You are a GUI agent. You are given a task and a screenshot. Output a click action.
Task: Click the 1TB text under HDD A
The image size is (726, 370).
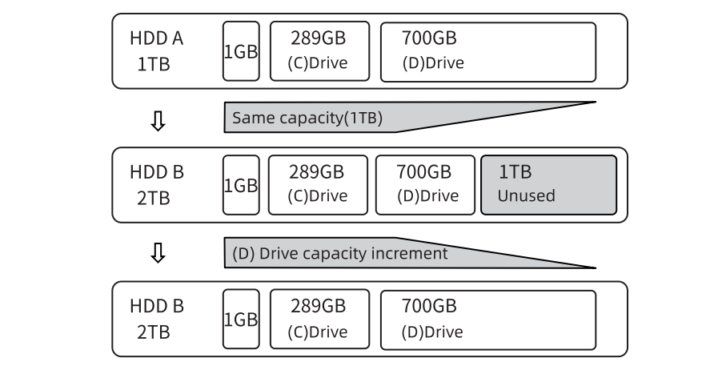click(153, 64)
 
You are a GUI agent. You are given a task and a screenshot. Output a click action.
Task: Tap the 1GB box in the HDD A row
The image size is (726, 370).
click(241, 52)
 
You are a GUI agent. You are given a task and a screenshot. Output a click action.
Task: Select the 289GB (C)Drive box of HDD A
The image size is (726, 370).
click(319, 52)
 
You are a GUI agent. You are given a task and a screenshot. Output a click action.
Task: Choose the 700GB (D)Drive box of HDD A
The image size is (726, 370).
click(487, 52)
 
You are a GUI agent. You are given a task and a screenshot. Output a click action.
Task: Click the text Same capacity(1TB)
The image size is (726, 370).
click(307, 118)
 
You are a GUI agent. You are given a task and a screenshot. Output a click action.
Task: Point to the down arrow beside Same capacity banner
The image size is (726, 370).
click(158, 120)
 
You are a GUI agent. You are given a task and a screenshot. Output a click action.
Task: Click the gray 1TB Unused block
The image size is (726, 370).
click(548, 185)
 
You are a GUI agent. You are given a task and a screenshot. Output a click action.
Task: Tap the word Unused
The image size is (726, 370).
click(526, 196)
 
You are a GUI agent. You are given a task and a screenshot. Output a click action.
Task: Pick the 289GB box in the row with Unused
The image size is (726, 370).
click(317, 185)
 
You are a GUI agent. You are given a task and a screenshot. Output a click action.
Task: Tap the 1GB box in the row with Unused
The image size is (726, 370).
click(241, 185)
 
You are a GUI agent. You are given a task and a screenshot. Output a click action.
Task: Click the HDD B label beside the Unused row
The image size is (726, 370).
click(157, 173)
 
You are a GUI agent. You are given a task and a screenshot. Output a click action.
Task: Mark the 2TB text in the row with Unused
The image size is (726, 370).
click(153, 198)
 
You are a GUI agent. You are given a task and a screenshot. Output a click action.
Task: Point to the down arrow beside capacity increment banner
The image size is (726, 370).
click(158, 253)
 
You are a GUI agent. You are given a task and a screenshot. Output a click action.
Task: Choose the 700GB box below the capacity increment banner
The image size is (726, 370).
click(487, 320)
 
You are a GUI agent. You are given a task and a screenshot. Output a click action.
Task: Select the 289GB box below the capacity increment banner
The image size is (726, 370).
click(319, 320)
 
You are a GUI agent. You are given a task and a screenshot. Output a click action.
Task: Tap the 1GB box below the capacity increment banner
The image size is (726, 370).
click(241, 320)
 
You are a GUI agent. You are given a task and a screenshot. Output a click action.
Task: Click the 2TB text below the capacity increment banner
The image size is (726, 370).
click(153, 332)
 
